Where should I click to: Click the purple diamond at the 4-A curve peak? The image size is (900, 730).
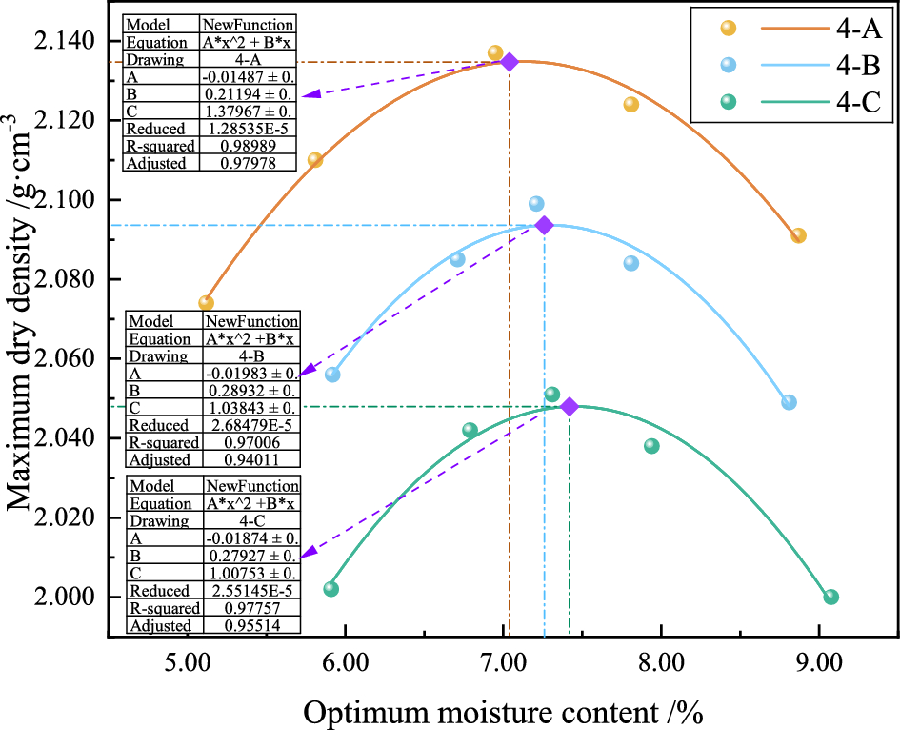tap(510, 62)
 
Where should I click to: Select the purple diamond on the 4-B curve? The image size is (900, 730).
tap(545, 225)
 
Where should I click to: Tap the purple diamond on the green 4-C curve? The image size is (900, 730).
tap(570, 407)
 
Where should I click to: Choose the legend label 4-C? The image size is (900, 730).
tap(857, 102)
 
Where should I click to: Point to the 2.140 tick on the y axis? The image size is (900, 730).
tap(66, 41)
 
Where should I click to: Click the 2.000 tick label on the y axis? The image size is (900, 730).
tap(66, 598)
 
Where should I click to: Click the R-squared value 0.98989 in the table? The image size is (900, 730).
tap(248, 146)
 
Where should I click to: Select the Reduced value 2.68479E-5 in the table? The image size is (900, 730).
tap(252, 425)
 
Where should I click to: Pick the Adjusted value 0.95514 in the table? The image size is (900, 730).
tap(252, 626)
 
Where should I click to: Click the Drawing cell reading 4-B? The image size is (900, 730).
tap(252, 355)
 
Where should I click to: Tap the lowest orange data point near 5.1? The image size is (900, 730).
tap(206, 303)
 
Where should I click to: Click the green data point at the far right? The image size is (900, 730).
tap(830, 597)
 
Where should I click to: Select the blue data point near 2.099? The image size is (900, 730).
tap(536, 204)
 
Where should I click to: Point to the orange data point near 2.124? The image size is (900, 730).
tap(630, 105)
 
